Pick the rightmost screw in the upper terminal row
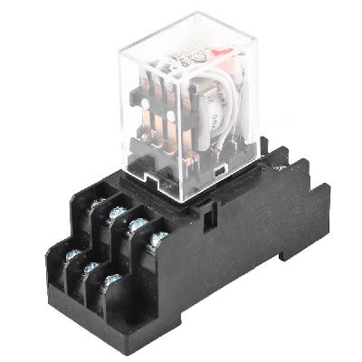pos(157,239)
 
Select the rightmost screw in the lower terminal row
pos(112,280)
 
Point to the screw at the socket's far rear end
pos(278,167)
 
